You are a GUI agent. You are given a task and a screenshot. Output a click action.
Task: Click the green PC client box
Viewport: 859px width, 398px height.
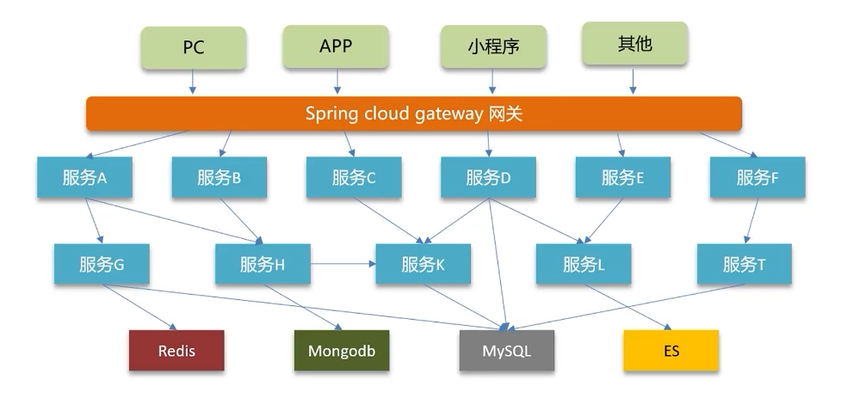click(x=194, y=47)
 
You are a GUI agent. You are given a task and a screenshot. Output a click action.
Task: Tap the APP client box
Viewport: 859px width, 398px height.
click(x=336, y=46)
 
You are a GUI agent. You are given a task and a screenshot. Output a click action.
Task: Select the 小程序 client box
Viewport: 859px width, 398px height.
click(x=493, y=46)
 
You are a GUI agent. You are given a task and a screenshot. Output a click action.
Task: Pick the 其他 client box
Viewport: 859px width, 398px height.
click(x=634, y=44)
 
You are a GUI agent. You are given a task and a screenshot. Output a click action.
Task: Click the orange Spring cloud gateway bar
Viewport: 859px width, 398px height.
click(x=414, y=113)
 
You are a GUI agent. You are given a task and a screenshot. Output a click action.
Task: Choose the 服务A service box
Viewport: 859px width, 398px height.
click(x=85, y=177)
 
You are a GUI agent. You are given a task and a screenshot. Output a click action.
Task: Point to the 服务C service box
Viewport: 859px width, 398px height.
click(x=354, y=177)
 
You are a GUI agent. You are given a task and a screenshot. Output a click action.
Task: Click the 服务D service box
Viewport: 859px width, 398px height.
click(x=489, y=177)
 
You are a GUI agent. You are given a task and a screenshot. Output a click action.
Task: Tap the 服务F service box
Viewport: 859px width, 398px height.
click(x=757, y=177)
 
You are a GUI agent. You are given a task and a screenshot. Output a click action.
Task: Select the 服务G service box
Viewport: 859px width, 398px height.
click(x=102, y=265)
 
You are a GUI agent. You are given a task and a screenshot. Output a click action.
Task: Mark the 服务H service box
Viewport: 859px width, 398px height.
click(x=263, y=265)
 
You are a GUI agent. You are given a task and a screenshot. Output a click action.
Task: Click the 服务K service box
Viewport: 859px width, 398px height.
click(x=423, y=265)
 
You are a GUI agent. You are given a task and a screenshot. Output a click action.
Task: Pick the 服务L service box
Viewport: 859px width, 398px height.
click(x=584, y=265)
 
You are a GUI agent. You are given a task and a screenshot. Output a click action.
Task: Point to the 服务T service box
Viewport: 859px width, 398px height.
click(x=745, y=265)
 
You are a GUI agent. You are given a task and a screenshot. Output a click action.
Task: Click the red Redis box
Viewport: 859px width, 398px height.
click(x=176, y=351)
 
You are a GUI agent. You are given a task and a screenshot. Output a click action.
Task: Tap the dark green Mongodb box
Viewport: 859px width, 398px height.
click(x=342, y=351)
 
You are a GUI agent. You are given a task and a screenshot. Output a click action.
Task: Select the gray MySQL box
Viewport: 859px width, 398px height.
click(x=507, y=351)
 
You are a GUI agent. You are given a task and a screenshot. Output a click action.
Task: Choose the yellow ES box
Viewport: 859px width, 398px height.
click(x=671, y=351)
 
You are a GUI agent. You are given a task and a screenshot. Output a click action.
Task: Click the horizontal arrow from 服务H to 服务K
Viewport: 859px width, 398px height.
click(x=343, y=264)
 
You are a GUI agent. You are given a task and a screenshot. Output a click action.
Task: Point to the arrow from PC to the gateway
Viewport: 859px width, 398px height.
click(x=192, y=82)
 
